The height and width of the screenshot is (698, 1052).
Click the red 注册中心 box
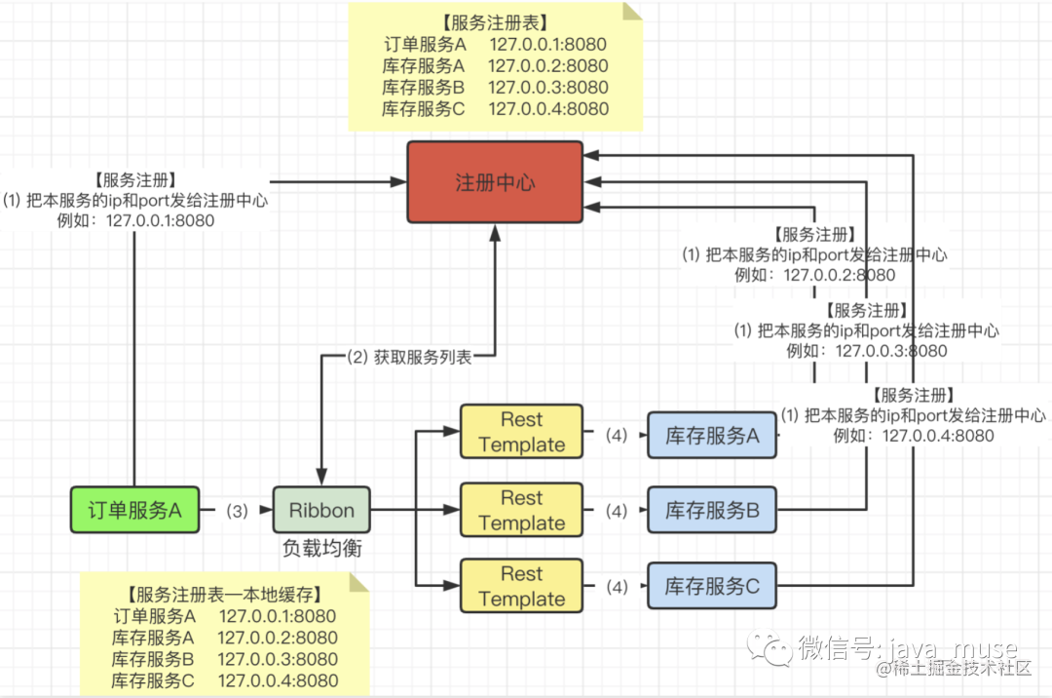pyautogui.click(x=495, y=182)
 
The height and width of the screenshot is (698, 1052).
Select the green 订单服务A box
pyautogui.click(x=135, y=510)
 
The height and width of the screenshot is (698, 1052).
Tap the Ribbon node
pyautogui.click(x=321, y=510)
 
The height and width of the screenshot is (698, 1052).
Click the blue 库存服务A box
pyautogui.click(x=712, y=435)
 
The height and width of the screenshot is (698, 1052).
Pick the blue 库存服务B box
pyautogui.click(x=712, y=509)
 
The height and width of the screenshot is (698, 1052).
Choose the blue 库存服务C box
pyautogui.click(x=712, y=586)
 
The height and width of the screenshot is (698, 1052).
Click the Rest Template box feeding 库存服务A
pyautogui.click(x=521, y=432)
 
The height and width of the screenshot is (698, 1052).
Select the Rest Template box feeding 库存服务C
pyautogui.click(x=521, y=586)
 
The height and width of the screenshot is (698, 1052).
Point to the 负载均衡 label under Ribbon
pyautogui.click(x=321, y=549)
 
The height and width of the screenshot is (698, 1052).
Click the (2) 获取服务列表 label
pyautogui.click(x=409, y=357)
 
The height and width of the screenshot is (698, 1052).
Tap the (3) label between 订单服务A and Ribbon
pyautogui.click(x=237, y=510)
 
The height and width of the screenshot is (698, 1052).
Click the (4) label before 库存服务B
pyautogui.click(x=615, y=510)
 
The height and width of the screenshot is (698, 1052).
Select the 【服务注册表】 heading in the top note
pyautogui.click(x=495, y=22)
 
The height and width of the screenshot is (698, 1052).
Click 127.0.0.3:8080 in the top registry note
pyautogui.click(x=548, y=88)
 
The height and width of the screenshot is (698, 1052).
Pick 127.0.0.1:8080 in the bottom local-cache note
pyautogui.click(x=278, y=616)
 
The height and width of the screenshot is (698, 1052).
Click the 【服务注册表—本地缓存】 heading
pyautogui.click(x=224, y=595)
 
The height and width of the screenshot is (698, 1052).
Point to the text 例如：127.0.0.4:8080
pyautogui.click(x=914, y=436)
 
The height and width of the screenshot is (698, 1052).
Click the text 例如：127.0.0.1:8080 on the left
pyautogui.click(x=135, y=220)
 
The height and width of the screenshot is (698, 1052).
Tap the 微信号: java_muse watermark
pyautogui.click(x=907, y=647)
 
